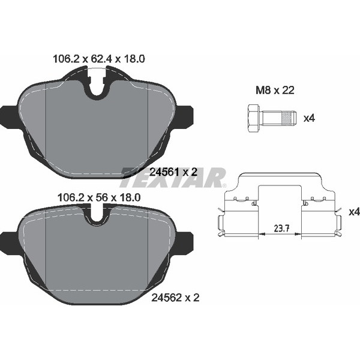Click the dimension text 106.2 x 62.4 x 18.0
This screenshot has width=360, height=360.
(x=99, y=59)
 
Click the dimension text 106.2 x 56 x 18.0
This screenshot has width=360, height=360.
(x=99, y=197)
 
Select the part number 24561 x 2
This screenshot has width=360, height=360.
(x=173, y=172)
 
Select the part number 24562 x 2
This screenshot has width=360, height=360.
(x=175, y=298)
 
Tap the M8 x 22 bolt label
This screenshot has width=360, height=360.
(x=275, y=90)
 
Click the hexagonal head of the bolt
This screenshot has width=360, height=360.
(x=254, y=118)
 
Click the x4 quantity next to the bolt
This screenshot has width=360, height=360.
(x=309, y=118)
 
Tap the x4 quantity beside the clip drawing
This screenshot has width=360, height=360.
(x=354, y=212)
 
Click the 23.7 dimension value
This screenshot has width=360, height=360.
(x=281, y=228)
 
